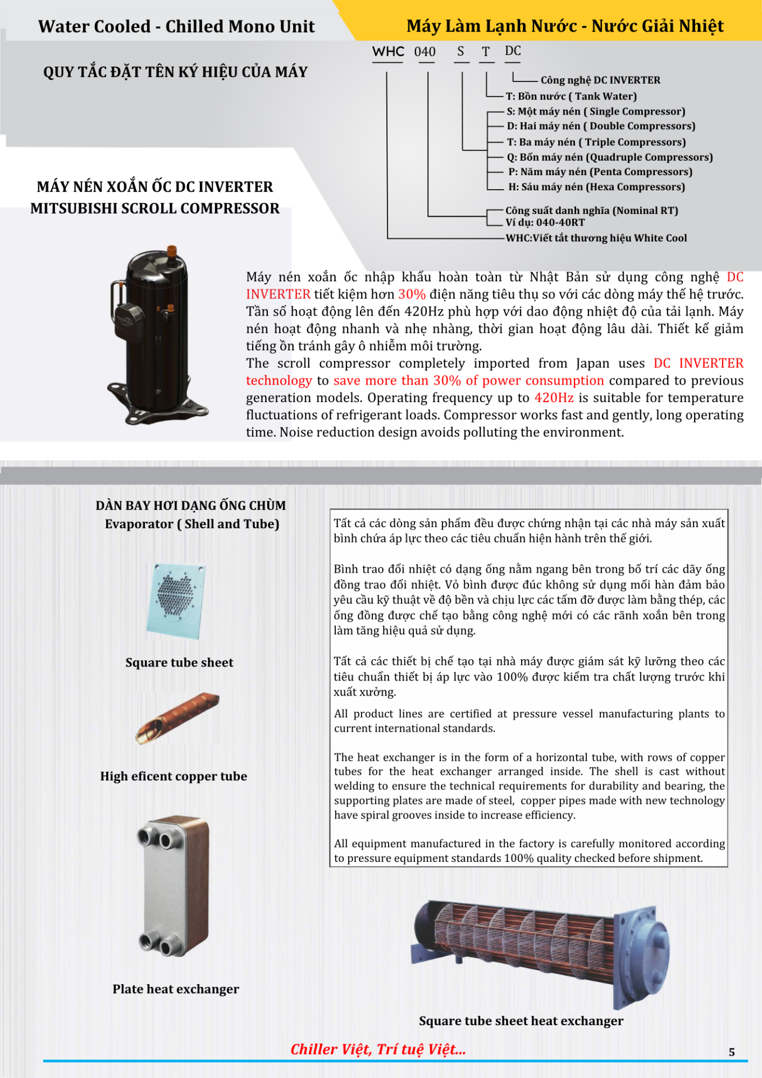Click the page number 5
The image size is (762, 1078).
pos(731,1052)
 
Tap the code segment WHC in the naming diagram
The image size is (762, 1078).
pos(387,52)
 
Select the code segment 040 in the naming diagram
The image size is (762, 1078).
pos(425,52)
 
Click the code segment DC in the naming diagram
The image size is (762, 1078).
pos(513,51)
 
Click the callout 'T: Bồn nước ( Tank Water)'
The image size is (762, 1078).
pos(571,97)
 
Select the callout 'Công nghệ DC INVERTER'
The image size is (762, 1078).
pos(600,80)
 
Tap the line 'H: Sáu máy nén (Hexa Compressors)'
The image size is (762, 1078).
pos(596,187)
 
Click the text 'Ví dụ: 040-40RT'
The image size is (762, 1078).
pos(545,222)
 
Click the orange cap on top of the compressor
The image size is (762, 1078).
pos(172,250)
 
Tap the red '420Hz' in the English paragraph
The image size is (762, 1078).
pos(554,398)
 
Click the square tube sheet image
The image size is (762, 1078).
pos(176,601)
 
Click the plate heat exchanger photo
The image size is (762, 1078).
pos(174,886)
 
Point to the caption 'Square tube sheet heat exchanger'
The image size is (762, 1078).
pos(521,1021)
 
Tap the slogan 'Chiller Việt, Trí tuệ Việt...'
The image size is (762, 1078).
pos(378,1049)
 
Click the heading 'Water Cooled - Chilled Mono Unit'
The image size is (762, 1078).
pos(176,26)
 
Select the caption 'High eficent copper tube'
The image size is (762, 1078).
pos(174,776)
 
